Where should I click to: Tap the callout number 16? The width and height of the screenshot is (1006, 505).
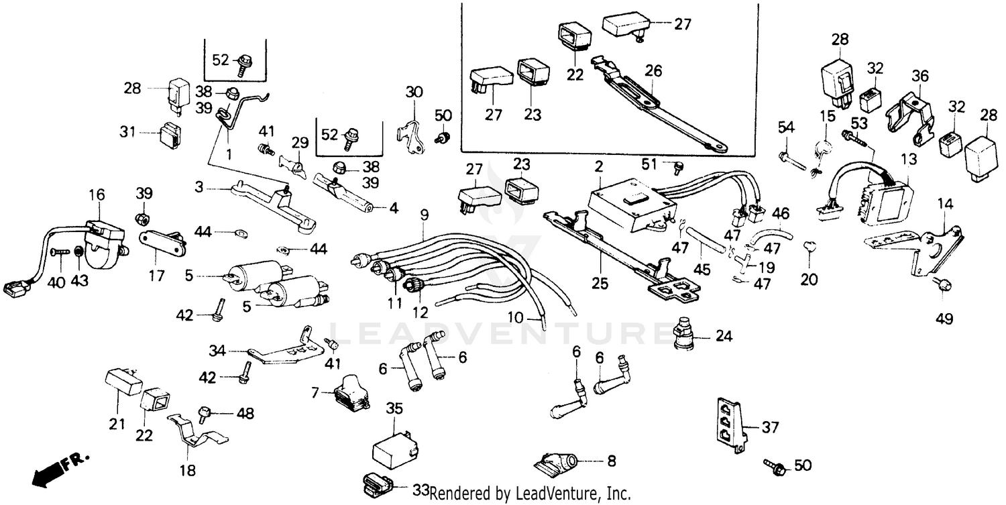pyautogui.click(x=97, y=194)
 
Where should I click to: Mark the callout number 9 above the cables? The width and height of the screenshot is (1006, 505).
pyautogui.click(x=424, y=215)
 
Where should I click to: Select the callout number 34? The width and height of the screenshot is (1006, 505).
pyautogui.click(x=217, y=350)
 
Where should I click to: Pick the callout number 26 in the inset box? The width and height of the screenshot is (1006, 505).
pyautogui.click(x=653, y=70)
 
